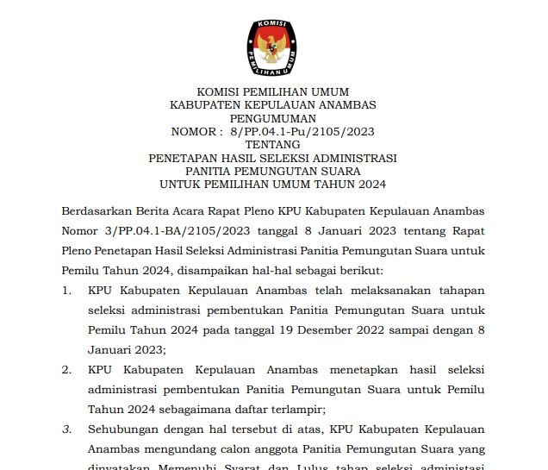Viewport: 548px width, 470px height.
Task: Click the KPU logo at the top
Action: (x=273, y=42)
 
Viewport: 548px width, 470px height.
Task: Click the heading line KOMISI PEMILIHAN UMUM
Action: (x=273, y=92)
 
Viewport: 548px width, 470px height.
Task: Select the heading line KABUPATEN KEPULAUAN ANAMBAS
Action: (x=273, y=105)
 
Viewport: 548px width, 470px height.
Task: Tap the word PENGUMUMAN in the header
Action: (x=273, y=118)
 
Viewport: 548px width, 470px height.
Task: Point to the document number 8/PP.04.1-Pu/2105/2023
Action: (x=302, y=132)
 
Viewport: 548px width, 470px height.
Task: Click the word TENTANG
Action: (x=273, y=145)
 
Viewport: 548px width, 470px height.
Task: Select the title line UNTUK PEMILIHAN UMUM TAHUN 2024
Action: (x=273, y=185)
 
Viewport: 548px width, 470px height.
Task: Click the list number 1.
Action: (x=66, y=290)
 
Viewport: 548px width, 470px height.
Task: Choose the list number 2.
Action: (x=66, y=369)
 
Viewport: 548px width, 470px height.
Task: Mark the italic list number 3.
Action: (x=66, y=429)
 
